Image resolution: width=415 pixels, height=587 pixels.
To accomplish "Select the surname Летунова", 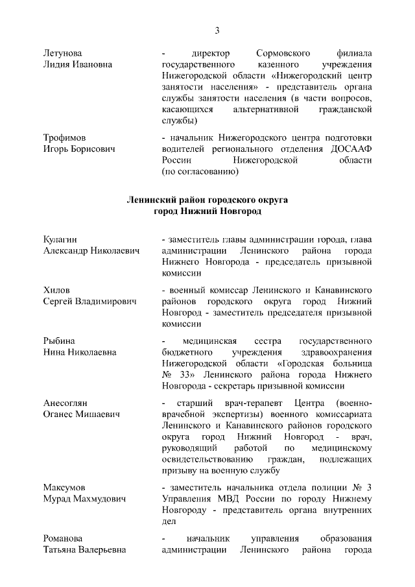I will tap(63, 53).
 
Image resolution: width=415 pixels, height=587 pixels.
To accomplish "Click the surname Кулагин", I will tap(61, 239).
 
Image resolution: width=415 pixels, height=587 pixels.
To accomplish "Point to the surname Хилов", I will tap(56, 290).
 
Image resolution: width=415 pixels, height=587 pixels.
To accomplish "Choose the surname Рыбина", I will tap(59, 341).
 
